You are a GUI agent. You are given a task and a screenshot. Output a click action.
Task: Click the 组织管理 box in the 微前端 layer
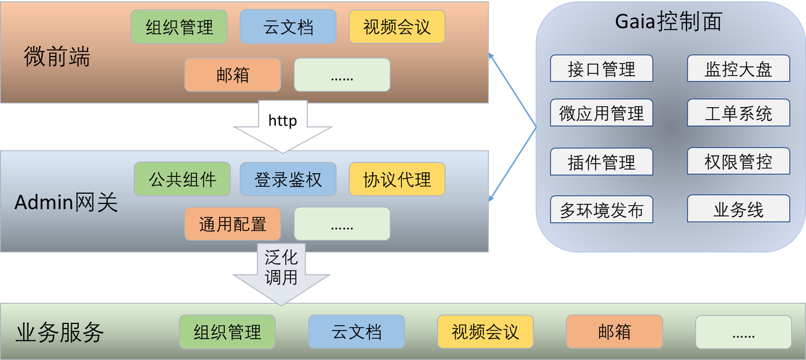pyautogui.click(x=179, y=27)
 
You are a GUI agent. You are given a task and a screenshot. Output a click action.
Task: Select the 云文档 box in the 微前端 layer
pyautogui.click(x=288, y=27)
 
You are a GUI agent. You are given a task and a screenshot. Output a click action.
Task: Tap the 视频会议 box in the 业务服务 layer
pyautogui.click(x=485, y=332)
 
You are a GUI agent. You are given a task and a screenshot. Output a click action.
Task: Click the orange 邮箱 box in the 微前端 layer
pyautogui.click(x=232, y=75)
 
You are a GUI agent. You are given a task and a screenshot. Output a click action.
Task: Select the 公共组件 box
pyautogui.click(x=182, y=179)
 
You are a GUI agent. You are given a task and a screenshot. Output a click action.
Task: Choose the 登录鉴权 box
pyautogui.click(x=288, y=179)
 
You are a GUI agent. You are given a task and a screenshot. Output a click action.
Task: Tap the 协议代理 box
pyautogui.click(x=397, y=179)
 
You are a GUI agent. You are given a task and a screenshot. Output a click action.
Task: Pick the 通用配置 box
pyautogui.click(x=232, y=223)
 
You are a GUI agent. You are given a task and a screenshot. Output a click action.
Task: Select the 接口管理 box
pyautogui.click(x=601, y=69)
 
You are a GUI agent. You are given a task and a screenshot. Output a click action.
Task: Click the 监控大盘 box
pyautogui.click(x=738, y=69)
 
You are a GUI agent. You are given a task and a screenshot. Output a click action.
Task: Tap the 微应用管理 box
pyautogui.click(x=601, y=113)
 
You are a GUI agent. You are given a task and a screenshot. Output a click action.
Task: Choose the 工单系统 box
pyautogui.click(x=738, y=113)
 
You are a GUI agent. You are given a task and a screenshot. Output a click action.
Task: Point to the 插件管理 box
pyautogui.click(x=601, y=162)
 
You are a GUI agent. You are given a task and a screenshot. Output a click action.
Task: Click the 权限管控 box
pyautogui.click(x=738, y=162)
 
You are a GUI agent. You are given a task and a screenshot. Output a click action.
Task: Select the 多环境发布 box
pyautogui.click(x=601, y=210)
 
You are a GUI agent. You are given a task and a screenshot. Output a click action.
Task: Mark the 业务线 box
pyautogui.click(x=738, y=210)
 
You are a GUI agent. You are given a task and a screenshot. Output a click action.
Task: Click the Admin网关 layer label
pyautogui.click(x=66, y=203)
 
